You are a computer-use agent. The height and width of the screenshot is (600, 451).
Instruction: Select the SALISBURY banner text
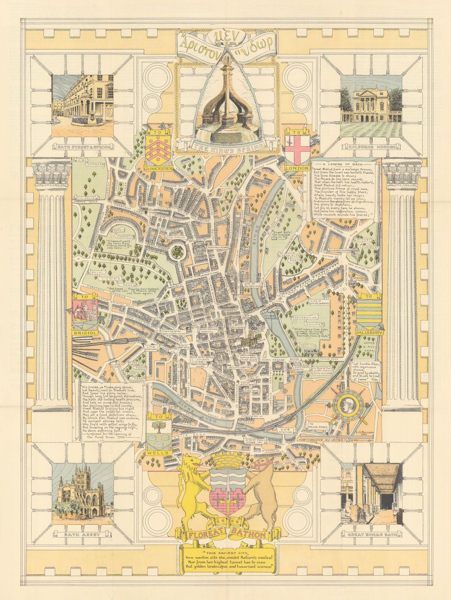[x=369, y=332]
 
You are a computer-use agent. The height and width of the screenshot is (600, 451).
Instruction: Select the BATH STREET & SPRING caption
[x=84, y=147]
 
